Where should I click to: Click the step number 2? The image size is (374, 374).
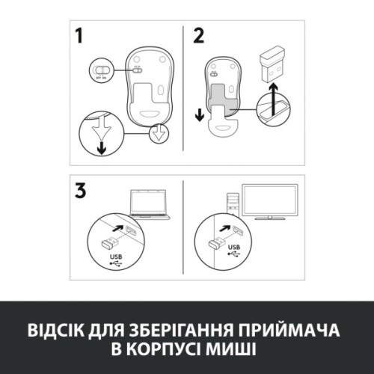coord(197,36)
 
